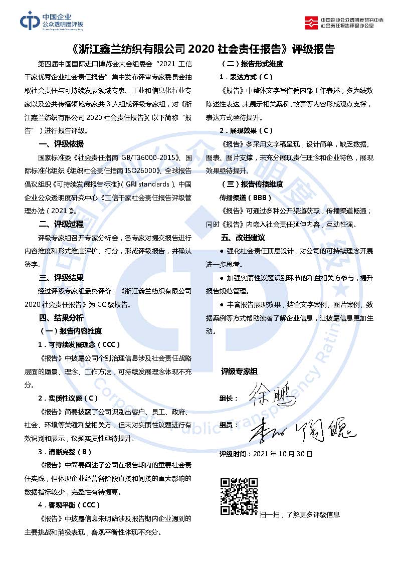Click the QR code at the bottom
(x=239, y=497)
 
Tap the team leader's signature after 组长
(x=273, y=395)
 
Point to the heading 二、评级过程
(x=62, y=224)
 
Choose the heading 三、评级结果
(x=62, y=277)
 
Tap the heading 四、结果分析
(x=62, y=317)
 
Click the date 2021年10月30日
(x=283, y=454)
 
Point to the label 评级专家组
(x=239, y=371)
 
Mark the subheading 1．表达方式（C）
(x=246, y=77)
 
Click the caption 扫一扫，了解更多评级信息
(x=299, y=514)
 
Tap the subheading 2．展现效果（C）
(x=246, y=131)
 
